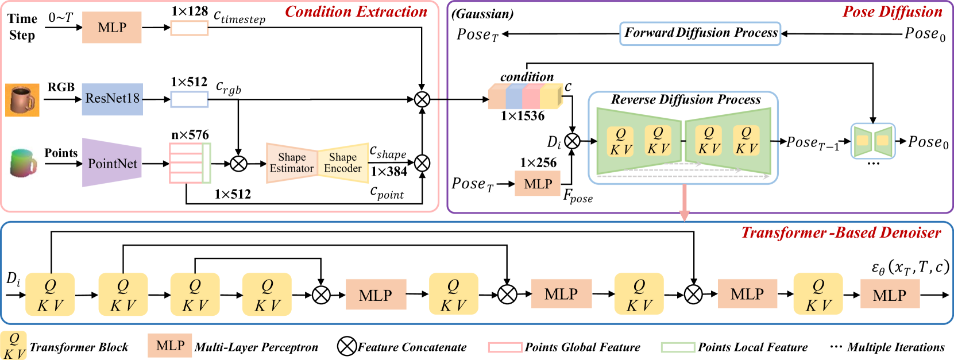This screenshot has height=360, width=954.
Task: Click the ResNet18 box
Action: (x=112, y=99)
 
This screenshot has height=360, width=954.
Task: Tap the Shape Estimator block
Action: (x=292, y=163)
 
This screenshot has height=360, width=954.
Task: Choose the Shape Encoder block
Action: (x=343, y=163)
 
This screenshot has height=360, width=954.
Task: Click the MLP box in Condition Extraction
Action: (x=112, y=28)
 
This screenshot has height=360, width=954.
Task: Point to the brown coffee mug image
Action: (x=22, y=100)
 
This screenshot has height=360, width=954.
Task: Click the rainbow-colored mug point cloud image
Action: (x=22, y=163)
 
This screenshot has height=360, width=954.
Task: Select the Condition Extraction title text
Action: (x=356, y=12)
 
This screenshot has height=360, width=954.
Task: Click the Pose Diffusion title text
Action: (x=892, y=12)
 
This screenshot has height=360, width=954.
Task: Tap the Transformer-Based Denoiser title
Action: (x=841, y=233)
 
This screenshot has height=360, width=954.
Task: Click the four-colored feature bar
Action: (x=525, y=96)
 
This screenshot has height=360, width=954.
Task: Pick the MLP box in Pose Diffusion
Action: (x=538, y=184)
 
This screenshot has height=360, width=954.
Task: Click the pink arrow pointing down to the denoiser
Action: (x=684, y=204)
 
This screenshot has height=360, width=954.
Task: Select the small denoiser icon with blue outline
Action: (x=872, y=141)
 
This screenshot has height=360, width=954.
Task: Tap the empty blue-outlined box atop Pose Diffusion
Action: (x=700, y=34)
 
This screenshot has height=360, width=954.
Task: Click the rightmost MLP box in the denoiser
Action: (x=890, y=295)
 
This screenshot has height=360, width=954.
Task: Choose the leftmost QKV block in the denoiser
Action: (x=50, y=295)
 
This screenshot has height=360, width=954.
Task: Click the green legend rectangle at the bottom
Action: (x=678, y=347)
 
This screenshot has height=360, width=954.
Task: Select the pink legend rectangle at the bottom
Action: (x=505, y=347)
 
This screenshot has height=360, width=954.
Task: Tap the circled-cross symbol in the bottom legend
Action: (x=347, y=346)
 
